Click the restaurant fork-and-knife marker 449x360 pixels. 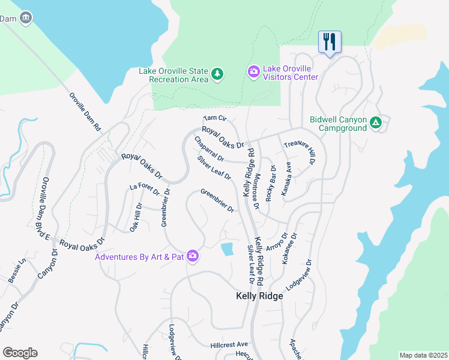[x=330, y=42]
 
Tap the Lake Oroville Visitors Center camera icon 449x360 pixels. [x=254, y=72]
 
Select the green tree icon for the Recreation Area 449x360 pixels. [x=217, y=76]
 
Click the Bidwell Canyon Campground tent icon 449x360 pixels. [x=376, y=122]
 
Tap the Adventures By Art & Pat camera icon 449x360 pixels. [x=193, y=256]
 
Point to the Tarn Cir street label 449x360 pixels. [x=214, y=118]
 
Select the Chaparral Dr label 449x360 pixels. [x=209, y=149]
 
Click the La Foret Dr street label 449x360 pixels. [x=145, y=190]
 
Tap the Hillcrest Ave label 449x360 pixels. [x=229, y=345]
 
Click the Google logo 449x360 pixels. [x=20, y=353]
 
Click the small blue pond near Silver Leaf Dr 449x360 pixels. [x=227, y=249]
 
